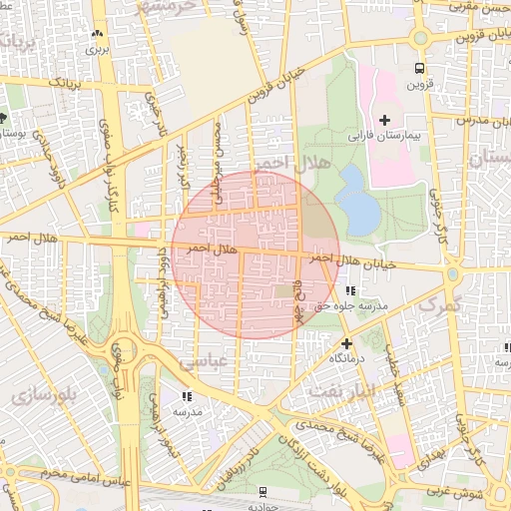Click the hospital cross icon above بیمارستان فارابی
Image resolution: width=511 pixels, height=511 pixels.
[x=385, y=119]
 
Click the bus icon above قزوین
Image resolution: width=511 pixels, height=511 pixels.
[x=419, y=69]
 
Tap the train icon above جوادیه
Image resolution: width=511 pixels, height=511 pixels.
[x=262, y=491]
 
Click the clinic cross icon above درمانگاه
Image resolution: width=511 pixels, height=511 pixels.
[x=346, y=342]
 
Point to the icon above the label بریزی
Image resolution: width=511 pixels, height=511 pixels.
[x=97, y=34]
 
